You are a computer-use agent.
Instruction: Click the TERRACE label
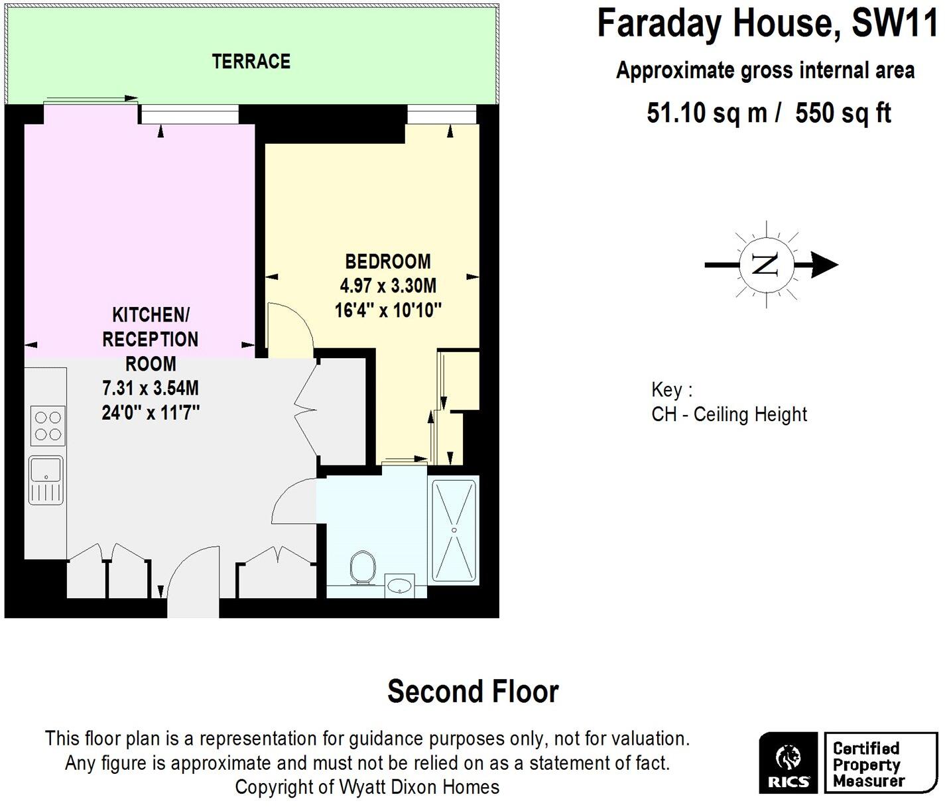click(x=251, y=62)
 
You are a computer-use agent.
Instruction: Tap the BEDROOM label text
click(x=388, y=261)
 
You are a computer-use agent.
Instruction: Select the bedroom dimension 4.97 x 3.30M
click(x=388, y=286)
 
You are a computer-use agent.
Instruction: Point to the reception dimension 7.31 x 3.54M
click(x=151, y=388)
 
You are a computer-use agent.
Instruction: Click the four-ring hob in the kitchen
click(x=48, y=426)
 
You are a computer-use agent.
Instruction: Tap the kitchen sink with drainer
click(x=46, y=479)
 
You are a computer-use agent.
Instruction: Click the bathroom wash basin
click(x=399, y=586)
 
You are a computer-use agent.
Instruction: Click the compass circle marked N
click(x=766, y=265)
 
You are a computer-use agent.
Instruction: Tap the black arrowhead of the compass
click(x=825, y=265)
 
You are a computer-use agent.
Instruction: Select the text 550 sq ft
click(x=843, y=113)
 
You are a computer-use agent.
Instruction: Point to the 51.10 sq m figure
click(x=707, y=113)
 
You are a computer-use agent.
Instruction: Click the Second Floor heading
click(x=473, y=691)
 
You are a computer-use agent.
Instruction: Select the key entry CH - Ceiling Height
click(x=729, y=414)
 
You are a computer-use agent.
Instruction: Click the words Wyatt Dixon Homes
click(x=419, y=787)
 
